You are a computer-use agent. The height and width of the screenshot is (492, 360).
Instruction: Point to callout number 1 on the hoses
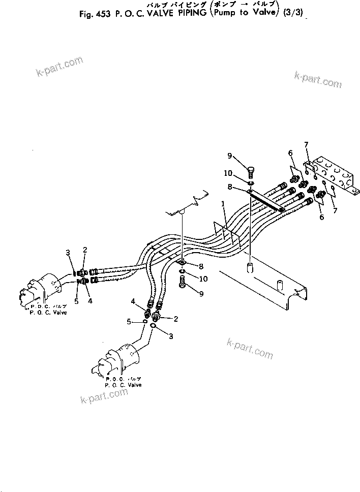pyautogui.click(x=222, y=204)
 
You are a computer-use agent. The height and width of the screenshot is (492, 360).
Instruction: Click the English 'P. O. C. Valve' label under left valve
pyautogui.click(x=48, y=313)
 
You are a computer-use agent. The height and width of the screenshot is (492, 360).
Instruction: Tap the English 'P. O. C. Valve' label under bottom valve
pyautogui.click(x=123, y=385)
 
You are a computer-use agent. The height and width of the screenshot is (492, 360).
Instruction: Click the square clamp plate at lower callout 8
pyautogui.click(x=183, y=263)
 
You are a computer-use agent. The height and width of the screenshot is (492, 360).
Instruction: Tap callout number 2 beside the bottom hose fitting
pyautogui.click(x=176, y=319)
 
